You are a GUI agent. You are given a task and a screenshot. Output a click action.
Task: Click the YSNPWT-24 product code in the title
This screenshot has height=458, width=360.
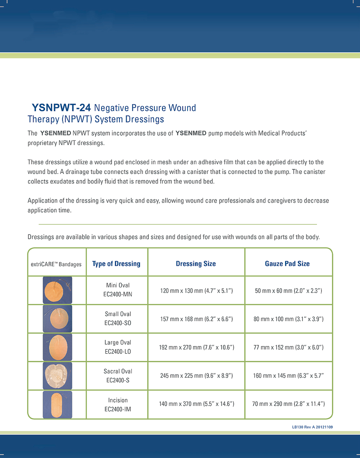coord(61,108)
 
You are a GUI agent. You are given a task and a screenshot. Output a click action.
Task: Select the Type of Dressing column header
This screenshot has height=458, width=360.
coord(116,264)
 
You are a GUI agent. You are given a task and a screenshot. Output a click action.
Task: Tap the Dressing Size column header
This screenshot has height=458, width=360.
coord(196,264)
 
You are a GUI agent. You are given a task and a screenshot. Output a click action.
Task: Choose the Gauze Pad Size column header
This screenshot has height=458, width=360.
coord(287,264)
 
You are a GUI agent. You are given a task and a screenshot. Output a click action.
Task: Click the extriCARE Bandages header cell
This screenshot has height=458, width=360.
coord(56,264)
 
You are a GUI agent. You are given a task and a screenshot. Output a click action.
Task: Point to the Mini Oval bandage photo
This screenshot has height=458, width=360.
coord(57,290)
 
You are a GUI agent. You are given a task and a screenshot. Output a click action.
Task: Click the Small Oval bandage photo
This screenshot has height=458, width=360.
coord(57,319)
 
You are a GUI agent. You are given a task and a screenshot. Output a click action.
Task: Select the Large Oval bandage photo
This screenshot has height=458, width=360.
coord(57,347)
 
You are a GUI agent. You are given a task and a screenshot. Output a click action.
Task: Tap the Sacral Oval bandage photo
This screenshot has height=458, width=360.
coord(57,376)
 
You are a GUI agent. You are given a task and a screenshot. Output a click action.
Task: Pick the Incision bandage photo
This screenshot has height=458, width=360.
coord(57,404)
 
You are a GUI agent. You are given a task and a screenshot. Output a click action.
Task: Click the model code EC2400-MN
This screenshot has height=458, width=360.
coord(118,294)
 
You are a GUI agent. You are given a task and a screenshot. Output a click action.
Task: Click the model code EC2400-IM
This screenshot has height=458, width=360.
coord(118,409)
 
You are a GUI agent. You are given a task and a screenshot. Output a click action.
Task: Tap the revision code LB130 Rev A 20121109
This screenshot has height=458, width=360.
coord(312,427)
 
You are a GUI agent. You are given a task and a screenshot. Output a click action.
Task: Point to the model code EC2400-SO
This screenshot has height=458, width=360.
coord(118,323)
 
